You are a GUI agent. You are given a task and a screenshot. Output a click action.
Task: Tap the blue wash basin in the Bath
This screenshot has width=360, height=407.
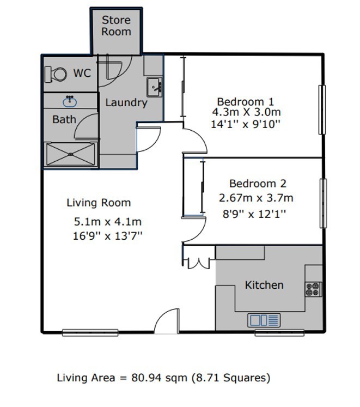click(x=70, y=101)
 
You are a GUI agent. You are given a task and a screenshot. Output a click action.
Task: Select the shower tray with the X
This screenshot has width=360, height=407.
click(x=71, y=154)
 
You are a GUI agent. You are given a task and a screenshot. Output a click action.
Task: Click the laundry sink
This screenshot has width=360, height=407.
click(x=155, y=87)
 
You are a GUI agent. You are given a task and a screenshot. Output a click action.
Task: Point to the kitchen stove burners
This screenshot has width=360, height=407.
click(x=313, y=289)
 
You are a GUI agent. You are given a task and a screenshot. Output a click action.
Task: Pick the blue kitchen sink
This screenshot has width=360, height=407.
click(x=264, y=320)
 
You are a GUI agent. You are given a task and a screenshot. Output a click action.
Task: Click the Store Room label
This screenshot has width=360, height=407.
click(x=116, y=26)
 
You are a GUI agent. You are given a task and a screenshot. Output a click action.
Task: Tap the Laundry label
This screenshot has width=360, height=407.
click(x=126, y=102)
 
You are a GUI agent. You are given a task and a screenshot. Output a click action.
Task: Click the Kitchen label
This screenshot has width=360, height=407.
click(x=264, y=285)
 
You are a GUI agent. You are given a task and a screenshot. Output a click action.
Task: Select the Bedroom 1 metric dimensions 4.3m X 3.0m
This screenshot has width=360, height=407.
click(x=247, y=112)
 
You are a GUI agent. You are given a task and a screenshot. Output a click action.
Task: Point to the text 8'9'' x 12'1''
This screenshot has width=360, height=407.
click(x=254, y=215)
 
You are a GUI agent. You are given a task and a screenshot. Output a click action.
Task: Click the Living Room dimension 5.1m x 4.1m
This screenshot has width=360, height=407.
click(x=108, y=222)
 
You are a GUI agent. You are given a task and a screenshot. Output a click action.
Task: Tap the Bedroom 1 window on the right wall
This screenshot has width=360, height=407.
click(x=322, y=110)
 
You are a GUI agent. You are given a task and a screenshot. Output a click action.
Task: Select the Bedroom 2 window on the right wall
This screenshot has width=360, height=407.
click(x=323, y=203)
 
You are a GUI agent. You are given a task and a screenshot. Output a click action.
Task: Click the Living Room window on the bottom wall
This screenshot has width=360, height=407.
click(x=90, y=332)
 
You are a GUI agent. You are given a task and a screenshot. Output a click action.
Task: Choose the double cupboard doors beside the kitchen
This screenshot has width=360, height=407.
click(x=199, y=263)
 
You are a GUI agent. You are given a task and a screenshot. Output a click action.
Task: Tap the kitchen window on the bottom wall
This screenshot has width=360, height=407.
click(x=279, y=332)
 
